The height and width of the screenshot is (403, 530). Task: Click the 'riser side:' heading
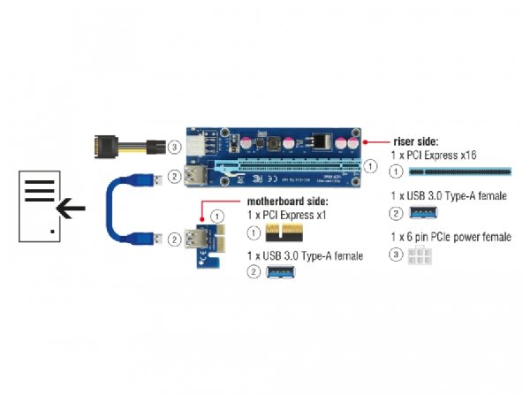click(x=416, y=141)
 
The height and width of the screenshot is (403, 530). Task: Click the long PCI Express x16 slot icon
click(x=462, y=171)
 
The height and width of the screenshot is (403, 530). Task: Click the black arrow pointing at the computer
click(x=70, y=209)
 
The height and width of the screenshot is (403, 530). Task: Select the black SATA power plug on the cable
click(x=104, y=143)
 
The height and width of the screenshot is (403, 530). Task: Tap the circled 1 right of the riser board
click(x=370, y=164)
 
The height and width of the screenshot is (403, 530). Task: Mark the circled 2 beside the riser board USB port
click(x=175, y=176)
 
